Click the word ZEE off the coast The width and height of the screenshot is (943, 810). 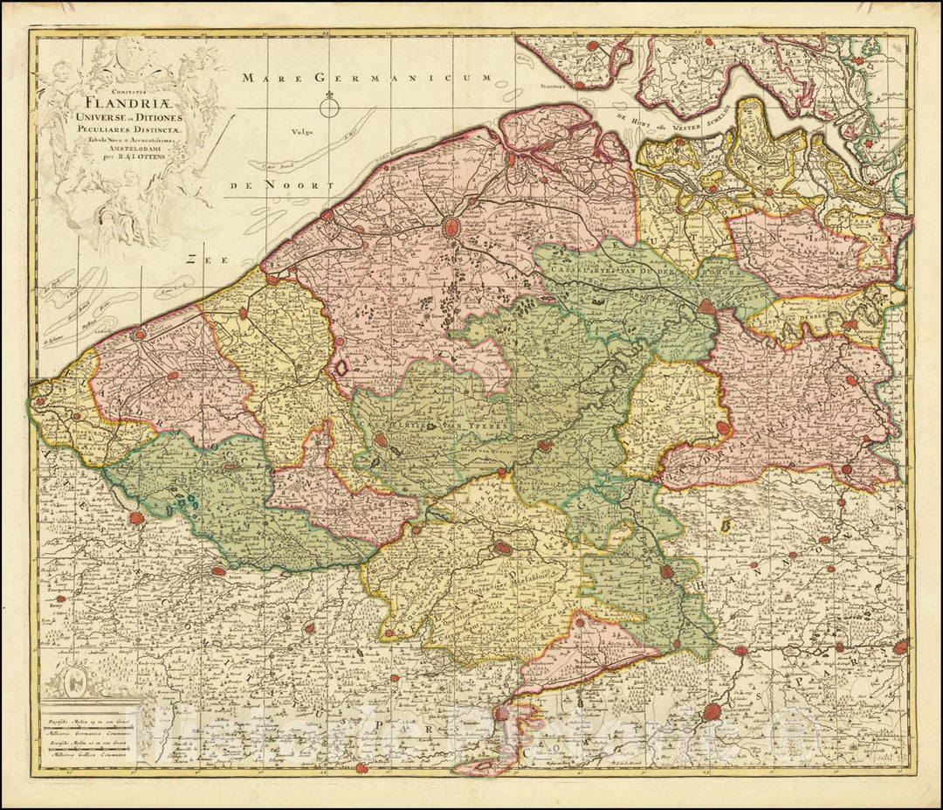[206, 260]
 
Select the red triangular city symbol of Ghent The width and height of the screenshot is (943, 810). [705, 307]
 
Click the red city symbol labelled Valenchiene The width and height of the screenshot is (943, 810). [715, 713]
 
